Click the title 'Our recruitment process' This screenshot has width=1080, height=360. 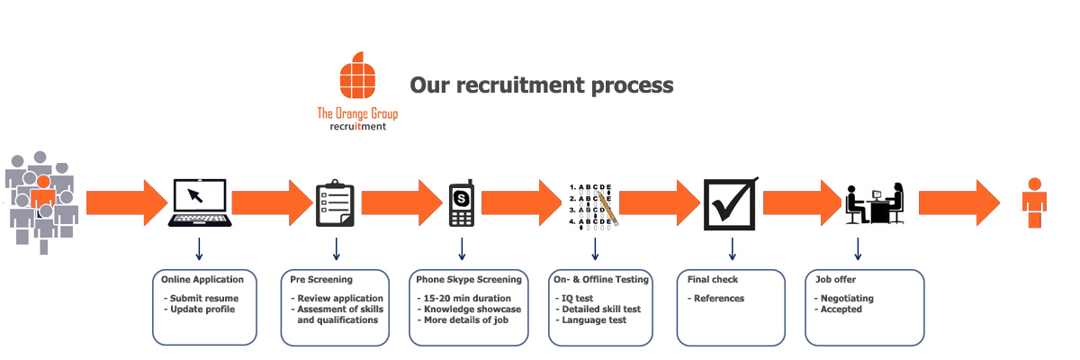tap(542, 85)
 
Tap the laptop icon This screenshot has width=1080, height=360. tap(198, 204)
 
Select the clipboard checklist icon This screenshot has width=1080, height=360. tap(335, 204)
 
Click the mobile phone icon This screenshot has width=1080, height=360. tap(462, 204)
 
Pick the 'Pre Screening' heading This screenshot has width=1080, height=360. tap(321, 279)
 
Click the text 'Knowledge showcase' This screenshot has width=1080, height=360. tap(469, 309)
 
